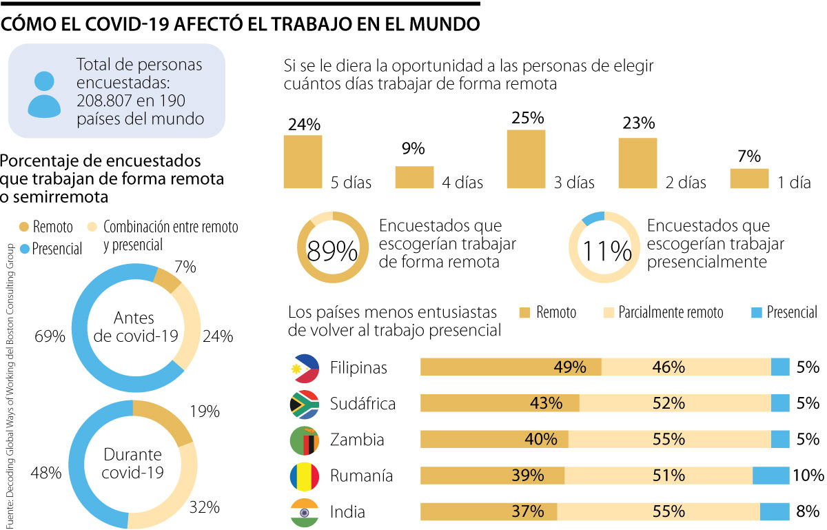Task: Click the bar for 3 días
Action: coord(526,159)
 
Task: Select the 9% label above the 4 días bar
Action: coord(413,149)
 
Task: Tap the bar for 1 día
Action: coord(749,179)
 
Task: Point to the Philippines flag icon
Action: coord(305,368)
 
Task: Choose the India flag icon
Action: coord(305,512)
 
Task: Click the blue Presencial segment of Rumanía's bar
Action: coord(770,476)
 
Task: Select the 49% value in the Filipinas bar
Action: coord(569,367)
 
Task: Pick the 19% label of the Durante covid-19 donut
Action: coord(203,412)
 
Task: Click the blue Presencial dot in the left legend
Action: coord(24,249)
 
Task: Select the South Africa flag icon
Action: coord(305,404)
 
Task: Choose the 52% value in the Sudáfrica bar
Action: coord(668,403)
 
